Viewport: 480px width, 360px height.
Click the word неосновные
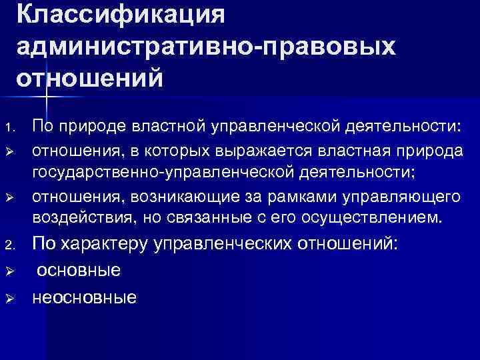point(85,297)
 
